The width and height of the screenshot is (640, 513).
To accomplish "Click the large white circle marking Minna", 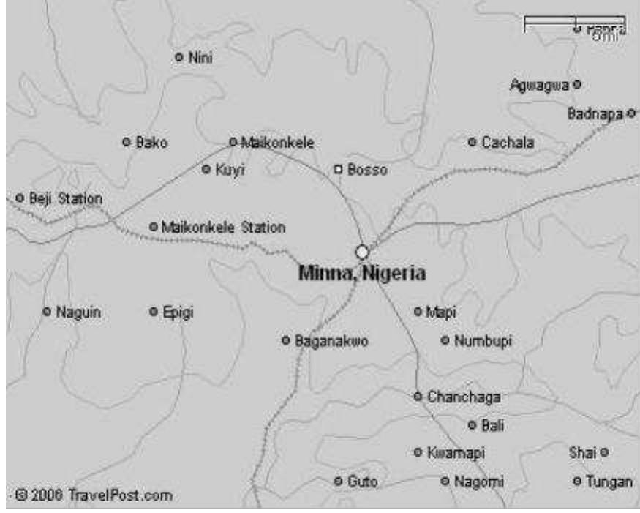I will coord(362,252).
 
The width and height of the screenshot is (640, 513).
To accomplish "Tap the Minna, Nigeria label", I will coord(362,273).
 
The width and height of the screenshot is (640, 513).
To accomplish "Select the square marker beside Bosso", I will coord(338,170).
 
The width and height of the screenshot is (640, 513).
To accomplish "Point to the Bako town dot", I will coord(127,142).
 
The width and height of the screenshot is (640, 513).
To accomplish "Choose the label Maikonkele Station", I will coord(223,228).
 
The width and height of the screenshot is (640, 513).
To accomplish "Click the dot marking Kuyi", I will coord(206,170).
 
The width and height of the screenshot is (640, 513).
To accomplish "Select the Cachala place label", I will coord(508,142).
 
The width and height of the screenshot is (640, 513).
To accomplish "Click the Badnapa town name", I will coord(595,114).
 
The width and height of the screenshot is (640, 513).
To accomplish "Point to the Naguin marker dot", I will coord(47,312).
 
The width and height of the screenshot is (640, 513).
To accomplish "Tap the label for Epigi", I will coord(177,312).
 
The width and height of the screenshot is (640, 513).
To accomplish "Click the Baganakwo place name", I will coord(331,341).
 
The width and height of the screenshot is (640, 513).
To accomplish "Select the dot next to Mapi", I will coord(418,312).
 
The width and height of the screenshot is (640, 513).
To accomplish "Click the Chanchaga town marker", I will coord(418,396).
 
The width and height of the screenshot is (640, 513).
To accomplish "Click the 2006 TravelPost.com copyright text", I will coord(92,495).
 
